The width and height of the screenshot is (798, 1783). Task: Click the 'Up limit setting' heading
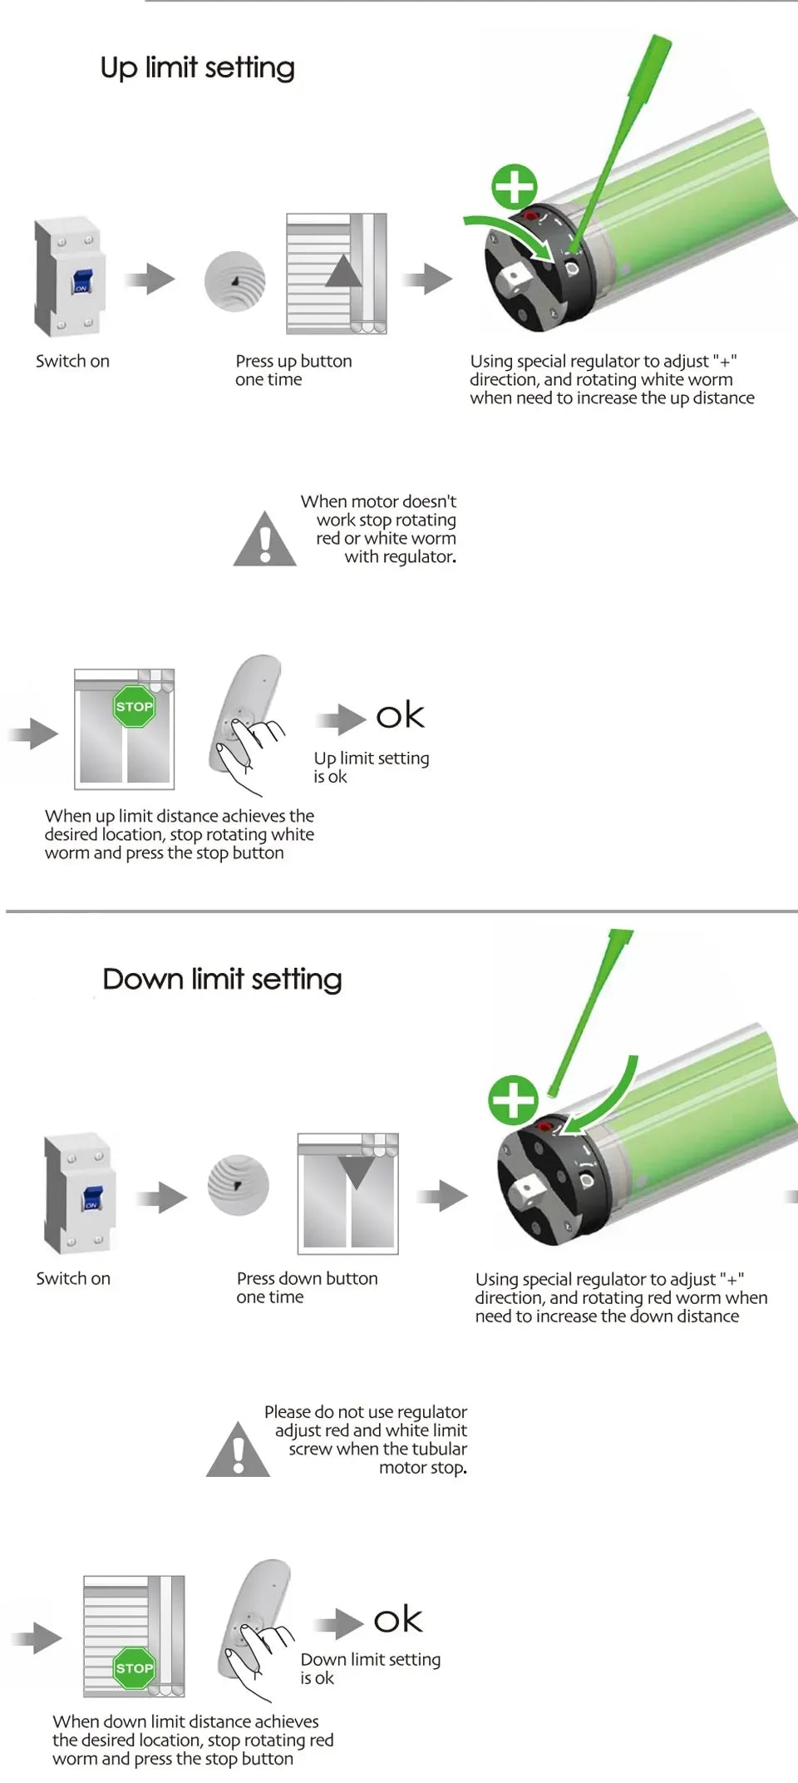(x=197, y=67)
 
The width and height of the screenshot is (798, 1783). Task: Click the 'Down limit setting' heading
(x=222, y=979)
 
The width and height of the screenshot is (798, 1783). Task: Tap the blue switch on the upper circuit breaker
(x=81, y=281)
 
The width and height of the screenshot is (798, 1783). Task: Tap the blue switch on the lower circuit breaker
(x=91, y=1198)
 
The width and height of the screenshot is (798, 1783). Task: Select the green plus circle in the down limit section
(x=513, y=1099)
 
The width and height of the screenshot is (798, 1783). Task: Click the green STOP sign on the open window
(x=134, y=706)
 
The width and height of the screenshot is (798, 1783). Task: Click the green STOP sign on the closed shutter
(x=134, y=1667)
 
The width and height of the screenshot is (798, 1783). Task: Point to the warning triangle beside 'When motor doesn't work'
(x=264, y=540)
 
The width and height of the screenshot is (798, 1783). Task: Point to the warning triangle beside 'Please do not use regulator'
(x=238, y=1450)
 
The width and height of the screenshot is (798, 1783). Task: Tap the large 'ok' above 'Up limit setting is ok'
(x=400, y=715)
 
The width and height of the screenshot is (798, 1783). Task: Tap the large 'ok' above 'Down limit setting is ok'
(x=398, y=1619)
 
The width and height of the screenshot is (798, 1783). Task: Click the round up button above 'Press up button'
(x=235, y=281)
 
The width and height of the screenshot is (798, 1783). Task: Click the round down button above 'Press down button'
(x=239, y=1185)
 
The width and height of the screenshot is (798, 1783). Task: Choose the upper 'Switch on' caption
(x=72, y=361)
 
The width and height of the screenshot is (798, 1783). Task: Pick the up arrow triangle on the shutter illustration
(x=343, y=272)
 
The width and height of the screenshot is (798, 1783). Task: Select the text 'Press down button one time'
(x=307, y=1287)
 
